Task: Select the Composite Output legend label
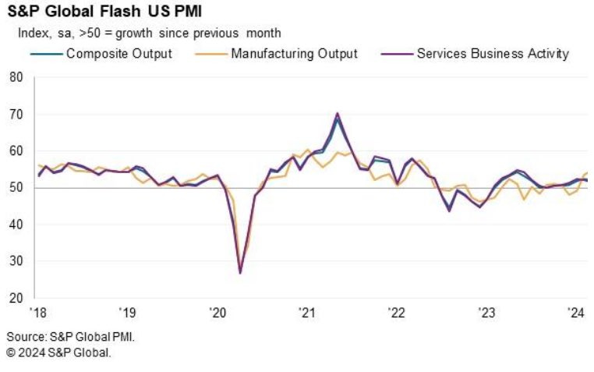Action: (119, 54)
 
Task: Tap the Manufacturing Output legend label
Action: (294, 54)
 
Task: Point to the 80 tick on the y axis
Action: (16, 77)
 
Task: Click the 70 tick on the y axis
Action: (16, 114)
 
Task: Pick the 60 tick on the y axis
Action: (16, 151)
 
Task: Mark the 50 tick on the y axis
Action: (16, 188)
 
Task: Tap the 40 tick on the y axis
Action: (16, 225)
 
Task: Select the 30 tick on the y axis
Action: (16, 261)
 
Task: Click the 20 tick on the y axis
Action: (16, 298)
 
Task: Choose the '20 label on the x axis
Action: (217, 314)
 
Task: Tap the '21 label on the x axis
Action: (307, 314)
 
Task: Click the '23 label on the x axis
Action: (486, 314)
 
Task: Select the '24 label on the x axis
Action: (576, 314)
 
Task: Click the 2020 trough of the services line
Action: (240, 272)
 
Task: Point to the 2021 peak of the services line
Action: (338, 114)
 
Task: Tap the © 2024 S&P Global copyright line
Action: (59, 353)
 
